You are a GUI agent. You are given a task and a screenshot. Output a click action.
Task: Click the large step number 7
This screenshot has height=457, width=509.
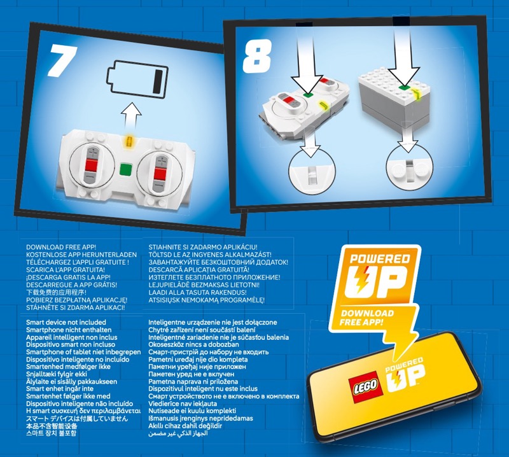(62, 60)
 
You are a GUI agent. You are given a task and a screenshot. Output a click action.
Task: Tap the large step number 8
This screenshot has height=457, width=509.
(257, 56)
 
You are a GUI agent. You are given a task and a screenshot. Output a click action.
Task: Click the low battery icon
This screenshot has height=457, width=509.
(137, 78)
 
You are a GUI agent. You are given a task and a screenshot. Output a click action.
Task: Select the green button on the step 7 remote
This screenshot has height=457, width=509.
(126, 169)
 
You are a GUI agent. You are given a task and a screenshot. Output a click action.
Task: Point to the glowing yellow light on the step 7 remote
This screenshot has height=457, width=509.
(129, 141)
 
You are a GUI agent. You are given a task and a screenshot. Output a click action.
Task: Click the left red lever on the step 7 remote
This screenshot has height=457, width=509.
(91, 165)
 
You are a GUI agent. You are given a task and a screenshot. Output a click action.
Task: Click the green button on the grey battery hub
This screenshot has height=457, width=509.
(403, 87)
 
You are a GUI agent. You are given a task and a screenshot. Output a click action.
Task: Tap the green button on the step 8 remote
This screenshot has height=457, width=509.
(308, 94)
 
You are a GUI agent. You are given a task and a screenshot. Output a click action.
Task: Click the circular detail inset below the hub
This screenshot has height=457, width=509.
(409, 167)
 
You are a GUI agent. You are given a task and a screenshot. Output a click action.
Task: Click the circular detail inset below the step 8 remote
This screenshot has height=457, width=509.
(312, 171)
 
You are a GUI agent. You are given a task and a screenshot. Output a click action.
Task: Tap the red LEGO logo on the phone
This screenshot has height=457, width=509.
(365, 387)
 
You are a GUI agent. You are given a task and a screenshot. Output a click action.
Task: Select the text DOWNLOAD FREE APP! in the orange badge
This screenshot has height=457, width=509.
(367, 318)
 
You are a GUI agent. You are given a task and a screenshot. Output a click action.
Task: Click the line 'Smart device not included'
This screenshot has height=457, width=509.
(66, 323)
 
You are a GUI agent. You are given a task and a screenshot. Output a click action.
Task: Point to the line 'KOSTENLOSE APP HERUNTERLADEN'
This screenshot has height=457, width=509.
(81, 255)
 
